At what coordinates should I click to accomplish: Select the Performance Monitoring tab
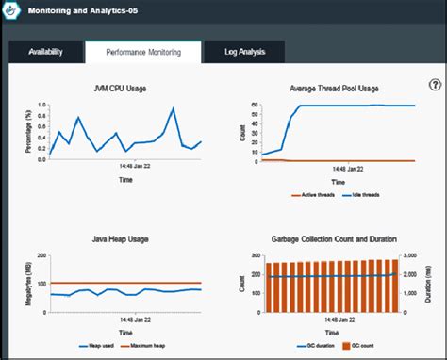click(x=142, y=53)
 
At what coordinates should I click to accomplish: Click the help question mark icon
click(x=435, y=85)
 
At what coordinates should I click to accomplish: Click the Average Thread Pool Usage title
click(x=335, y=89)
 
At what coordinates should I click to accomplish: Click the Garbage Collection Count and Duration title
click(x=335, y=240)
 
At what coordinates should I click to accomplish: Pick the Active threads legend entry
click(x=312, y=195)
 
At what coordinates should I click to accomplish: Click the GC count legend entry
click(x=364, y=347)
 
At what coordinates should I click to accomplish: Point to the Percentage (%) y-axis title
click(x=28, y=133)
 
